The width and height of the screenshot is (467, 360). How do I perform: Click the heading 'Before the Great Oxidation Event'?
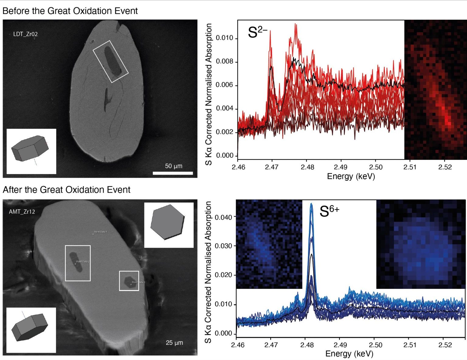point(70,11)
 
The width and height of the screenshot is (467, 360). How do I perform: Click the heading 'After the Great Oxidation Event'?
point(66,190)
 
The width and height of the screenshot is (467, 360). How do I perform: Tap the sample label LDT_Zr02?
point(26,34)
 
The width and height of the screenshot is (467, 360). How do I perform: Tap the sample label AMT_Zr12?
point(22,212)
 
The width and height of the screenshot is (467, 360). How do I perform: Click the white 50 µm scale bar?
point(173,173)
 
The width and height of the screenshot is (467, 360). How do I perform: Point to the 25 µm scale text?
point(174,343)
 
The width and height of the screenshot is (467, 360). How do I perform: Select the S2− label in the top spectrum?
point(257,32)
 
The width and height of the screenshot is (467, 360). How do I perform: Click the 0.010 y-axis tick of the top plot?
point(224,38)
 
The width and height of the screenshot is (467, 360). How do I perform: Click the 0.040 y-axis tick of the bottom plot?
point(223,217)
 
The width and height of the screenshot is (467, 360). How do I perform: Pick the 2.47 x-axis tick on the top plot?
point(272,167)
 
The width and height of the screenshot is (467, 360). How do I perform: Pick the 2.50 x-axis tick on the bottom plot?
point(375,345)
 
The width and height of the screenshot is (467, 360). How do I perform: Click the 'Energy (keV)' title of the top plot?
point(351,177)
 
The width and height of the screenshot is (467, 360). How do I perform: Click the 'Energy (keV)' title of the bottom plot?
point(349,354)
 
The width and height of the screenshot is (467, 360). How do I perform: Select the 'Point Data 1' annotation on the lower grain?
point(100,232)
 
